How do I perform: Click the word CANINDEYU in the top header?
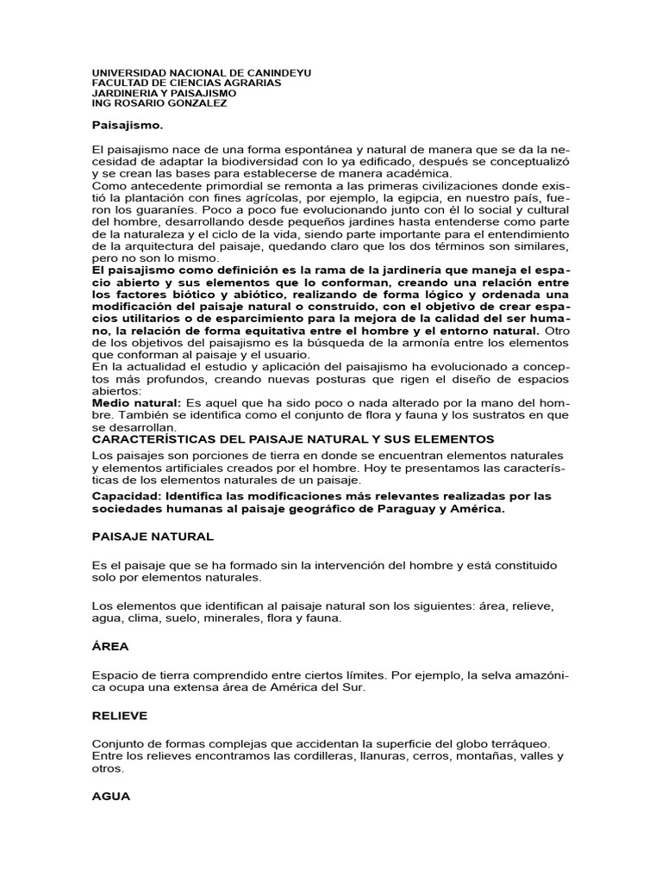point(277,73)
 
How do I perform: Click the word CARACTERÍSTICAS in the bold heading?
point(161,439)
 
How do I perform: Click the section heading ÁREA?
point(110,646)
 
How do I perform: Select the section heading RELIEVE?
point(120,716)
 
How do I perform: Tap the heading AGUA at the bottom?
point(111,797)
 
